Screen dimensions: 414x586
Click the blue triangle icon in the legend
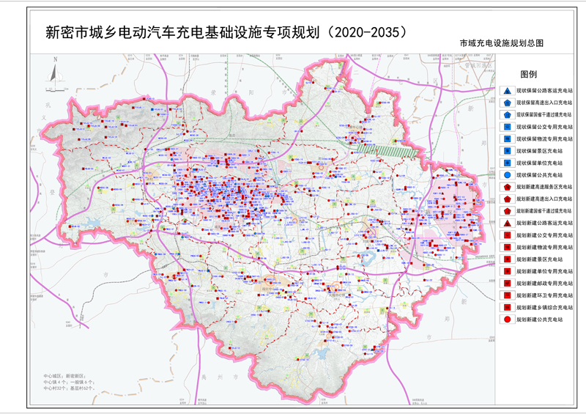tap(507, 91)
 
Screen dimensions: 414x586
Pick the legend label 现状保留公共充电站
tap(544, 175)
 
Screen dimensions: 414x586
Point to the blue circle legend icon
tap(507, 175)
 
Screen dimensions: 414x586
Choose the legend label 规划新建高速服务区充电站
tap(544, 187)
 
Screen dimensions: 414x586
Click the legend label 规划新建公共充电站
tap(544, 319)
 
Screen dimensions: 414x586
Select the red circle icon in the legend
tap(507, 319)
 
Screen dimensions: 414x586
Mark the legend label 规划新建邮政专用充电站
tap(544, 284)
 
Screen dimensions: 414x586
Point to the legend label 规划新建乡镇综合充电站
tap(544, 308)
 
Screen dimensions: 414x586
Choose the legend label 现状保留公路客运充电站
tap(544, 91)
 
